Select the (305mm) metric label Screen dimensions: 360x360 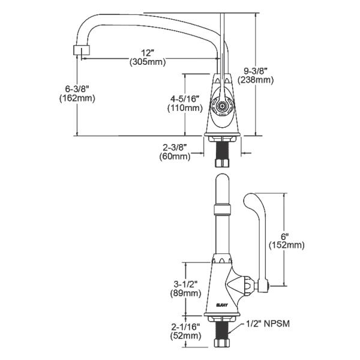[x=147, y=61]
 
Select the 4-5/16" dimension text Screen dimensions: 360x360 [x=184, y=98]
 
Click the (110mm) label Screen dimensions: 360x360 [x=184, y=108]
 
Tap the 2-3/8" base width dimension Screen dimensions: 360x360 [x=174, y=147]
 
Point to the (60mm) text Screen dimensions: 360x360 [x=174, y=157]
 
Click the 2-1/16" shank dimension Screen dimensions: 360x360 [x=184, y=327]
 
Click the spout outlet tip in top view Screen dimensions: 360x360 [x=76, y=50]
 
